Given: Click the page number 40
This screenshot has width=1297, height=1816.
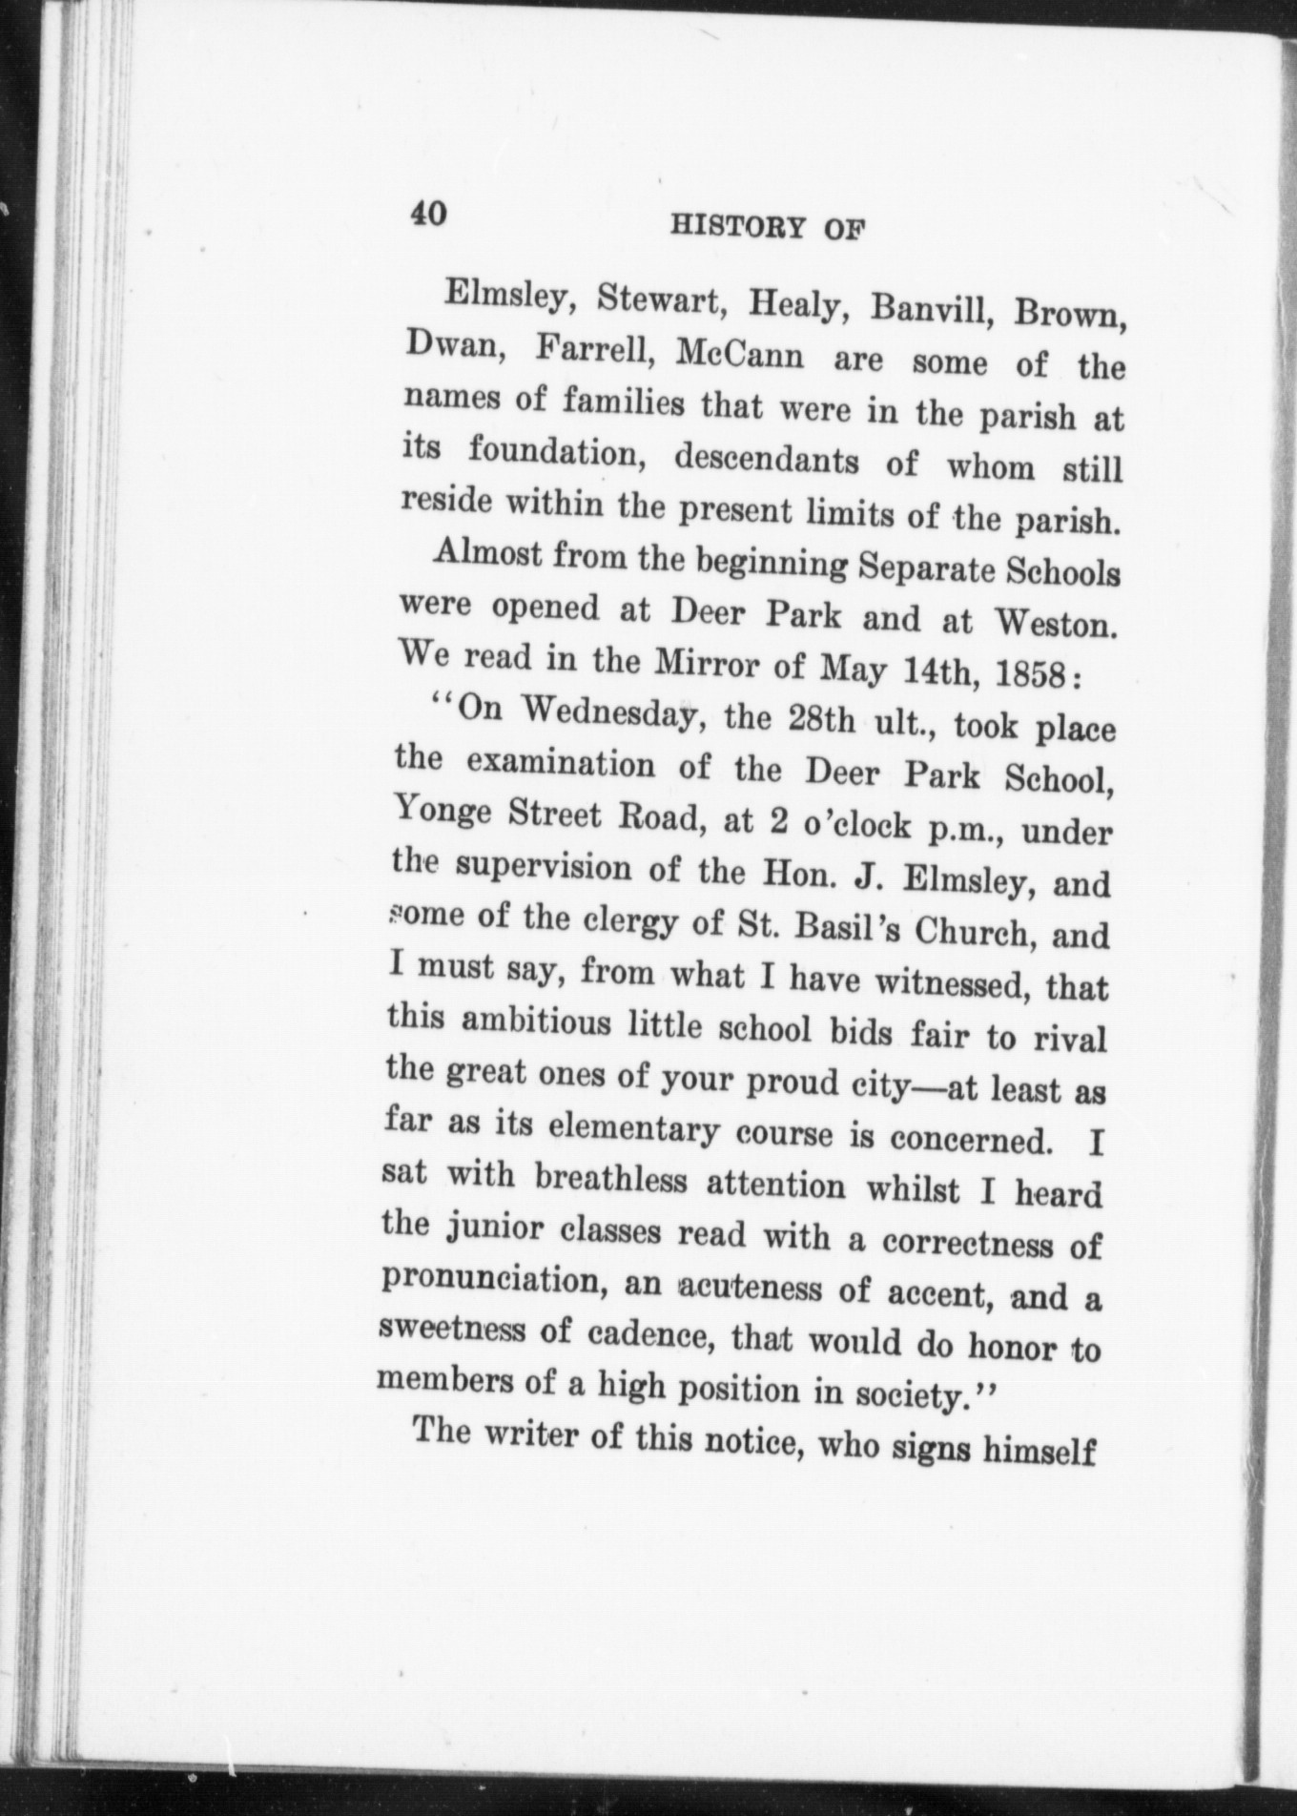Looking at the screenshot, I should point(428,213).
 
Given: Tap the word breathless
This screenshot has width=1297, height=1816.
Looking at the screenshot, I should point(611,1180).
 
